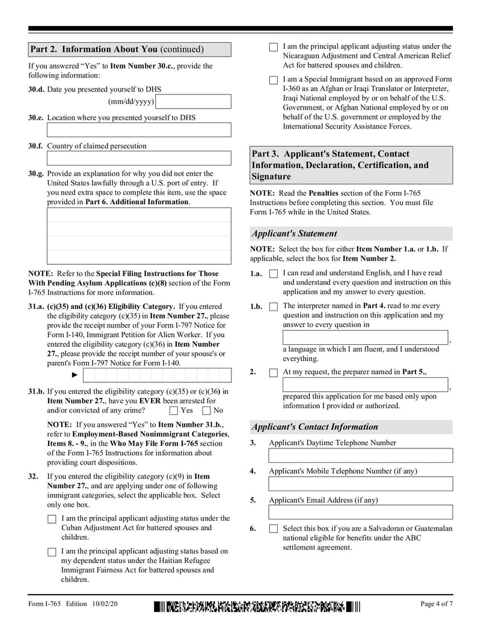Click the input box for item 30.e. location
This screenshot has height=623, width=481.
(x=139, y=130)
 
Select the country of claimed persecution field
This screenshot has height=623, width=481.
(x=139, y=158)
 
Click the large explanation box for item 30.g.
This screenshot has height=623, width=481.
(x=139, y=236)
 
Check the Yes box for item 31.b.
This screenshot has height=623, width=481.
(x=174, y=411)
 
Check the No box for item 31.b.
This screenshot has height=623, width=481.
(x=207, y=411)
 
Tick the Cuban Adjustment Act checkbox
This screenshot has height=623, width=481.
(x=52, y=519)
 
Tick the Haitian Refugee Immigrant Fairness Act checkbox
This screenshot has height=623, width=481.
(x=52, y=552)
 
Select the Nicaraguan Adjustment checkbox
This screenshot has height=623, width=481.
(x=274, y=47)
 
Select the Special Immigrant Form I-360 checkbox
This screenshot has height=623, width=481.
(x=274, y=80)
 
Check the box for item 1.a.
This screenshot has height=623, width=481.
(x=274, y=274)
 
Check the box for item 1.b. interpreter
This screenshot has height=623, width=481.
(x=274, y=307)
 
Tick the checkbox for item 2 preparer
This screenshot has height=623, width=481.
(x=274, y=373)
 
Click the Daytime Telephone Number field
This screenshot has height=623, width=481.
(x=360, y=455)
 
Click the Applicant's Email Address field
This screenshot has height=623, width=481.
(x=360, y=512)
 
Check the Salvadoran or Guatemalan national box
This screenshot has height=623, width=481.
(x=274, y=529)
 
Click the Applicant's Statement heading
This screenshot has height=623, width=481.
(x=295, y=234)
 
